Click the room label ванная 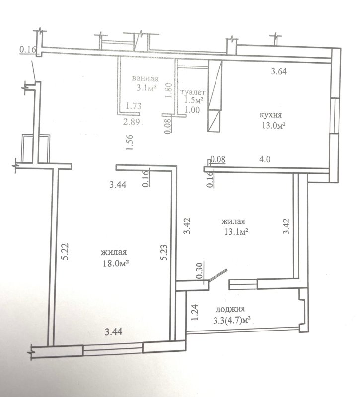point(145,79)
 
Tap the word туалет point(193,92)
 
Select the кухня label point(271,115)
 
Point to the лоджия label point(230,309)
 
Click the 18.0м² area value point(115,264)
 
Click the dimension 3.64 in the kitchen point(279,71)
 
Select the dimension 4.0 point(265,159)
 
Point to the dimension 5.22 point(66,252)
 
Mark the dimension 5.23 point(164,252)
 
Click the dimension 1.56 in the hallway point(130,142)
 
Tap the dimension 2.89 point(132,122)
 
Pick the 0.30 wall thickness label point(200,270)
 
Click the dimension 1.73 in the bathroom point(134,106)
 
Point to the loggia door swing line point(217,275)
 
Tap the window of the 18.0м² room point(113,349)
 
